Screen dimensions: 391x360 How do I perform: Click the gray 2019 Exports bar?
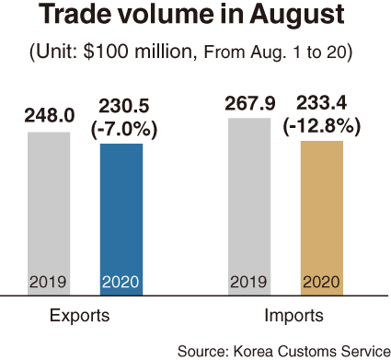[x=49, y=214]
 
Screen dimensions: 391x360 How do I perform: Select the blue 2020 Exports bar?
[x=121, y=219]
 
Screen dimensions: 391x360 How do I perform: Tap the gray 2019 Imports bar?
[x=249, y=206]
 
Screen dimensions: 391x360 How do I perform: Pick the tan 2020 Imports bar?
[x=322, y=218]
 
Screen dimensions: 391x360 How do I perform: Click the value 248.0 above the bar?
[x=50, y=116]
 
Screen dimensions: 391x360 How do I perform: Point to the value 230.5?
[x=124, y=107]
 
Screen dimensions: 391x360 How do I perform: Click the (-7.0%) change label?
[x=124, y=129]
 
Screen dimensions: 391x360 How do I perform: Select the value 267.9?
[x=250, y=104]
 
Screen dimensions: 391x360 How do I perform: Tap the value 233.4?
[x=321, y=103]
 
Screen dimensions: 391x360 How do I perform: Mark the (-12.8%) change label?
[x=321, y=126]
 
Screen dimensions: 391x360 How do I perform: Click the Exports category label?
[x=79, y=316]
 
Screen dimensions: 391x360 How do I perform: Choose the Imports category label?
[x=293, y=316]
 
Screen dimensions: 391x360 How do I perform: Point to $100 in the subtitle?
[x=105, y=52]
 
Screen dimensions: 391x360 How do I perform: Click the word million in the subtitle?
[x=165, y=52]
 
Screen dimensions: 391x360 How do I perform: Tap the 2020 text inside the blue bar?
[x=121, y=282]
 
